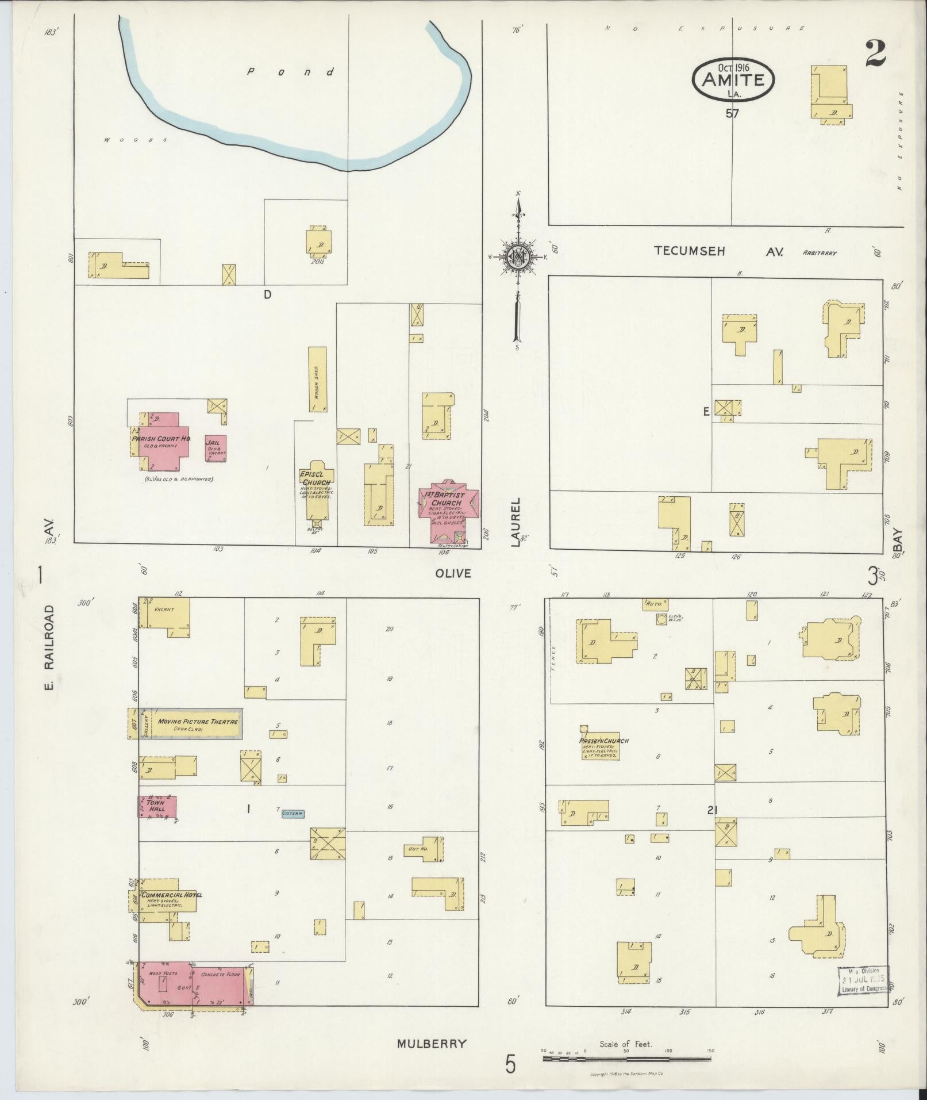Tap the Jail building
[216, 448]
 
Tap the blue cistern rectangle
[293, 814]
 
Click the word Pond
[290, 72]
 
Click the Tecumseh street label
[689, 251]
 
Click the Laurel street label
[516, 522]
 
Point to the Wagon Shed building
[317, 379]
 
